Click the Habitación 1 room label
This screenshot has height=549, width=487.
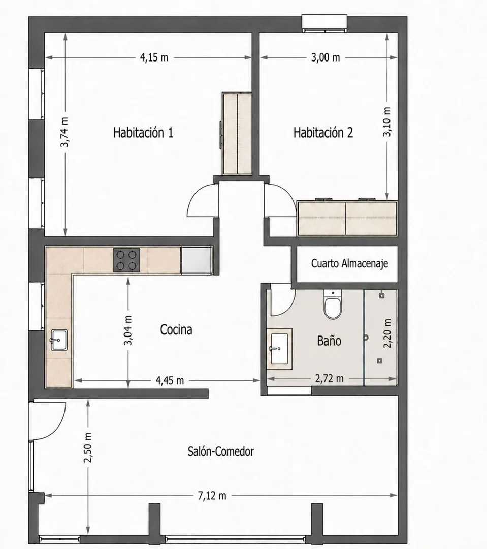point(143,133)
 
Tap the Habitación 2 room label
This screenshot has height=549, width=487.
point(323,133)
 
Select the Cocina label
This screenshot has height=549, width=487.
point(176,329)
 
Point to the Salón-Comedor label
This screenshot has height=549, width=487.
point(221,452)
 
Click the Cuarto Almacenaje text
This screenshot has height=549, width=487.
point(349,263)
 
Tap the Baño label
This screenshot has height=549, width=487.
point(329,340)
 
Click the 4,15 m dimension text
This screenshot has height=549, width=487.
point(154,57)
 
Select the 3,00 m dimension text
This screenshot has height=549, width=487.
point(326,57)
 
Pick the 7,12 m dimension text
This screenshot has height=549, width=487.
point(212,496)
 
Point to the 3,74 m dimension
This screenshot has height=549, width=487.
point(64,132)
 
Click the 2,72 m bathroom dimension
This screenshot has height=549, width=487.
point(329,379)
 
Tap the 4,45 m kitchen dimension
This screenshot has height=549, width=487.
point(170,380)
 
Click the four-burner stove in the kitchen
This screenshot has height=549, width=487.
point(126,260)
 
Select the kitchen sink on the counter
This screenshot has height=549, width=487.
point(59,340)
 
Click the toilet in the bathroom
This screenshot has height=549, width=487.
point(332,304)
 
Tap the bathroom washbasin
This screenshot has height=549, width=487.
point(279,349)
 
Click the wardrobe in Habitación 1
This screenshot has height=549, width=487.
point(237,133)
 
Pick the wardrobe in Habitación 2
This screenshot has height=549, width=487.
point(347,218)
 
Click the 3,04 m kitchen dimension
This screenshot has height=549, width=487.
point(128,330)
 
